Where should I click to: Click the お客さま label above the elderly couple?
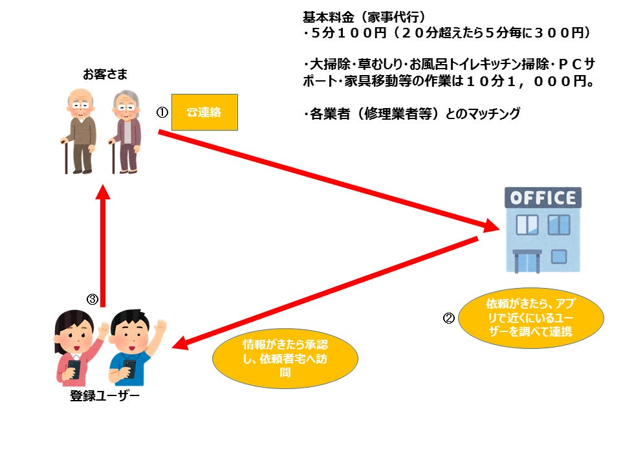tap(104, 74)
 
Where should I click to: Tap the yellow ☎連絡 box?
tap(204, 112)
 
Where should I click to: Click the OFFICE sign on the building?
tap(542, 197)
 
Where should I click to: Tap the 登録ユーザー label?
tap(104, 396)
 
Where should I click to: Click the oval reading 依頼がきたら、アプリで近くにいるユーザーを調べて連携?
tap(530, 317)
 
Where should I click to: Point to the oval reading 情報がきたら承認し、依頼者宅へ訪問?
tap(285, 358)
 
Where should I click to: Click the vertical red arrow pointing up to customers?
tap(103, 246)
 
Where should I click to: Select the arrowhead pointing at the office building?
tap(492, 227)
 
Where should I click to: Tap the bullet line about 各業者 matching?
tap(411, 114)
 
